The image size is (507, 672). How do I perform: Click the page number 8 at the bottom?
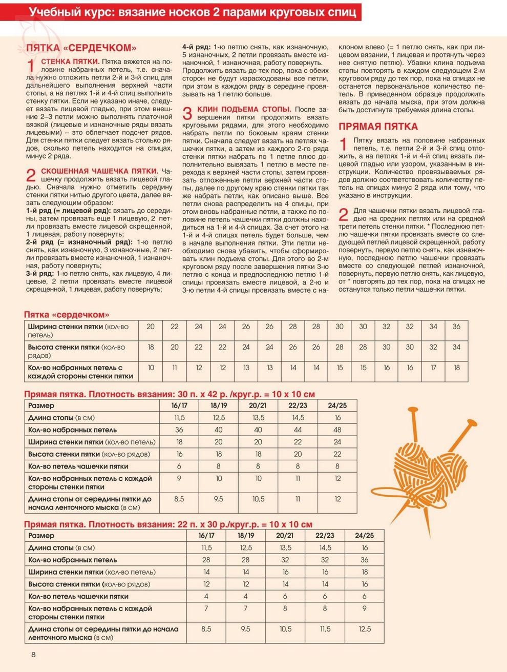pyautogui.click(x=33, y=655)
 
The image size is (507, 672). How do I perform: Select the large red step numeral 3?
pyautogui.click(x=188, y=113)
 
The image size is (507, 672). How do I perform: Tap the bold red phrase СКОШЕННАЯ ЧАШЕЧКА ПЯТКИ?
pyautogui.click(x=99, y=171)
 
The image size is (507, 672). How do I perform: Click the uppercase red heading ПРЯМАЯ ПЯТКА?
pyautogui.click(x=378, y=127)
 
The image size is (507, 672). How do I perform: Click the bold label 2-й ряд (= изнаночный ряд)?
pyautogui.click(x=79, y=242)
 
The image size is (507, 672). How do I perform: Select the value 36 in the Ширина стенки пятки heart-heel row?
pyautogui.click(x=456, y=327)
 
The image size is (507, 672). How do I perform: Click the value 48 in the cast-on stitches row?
pyautogui.click(x=337, y=430)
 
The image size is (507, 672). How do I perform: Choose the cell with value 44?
pyautogui.click(x=298, y=430)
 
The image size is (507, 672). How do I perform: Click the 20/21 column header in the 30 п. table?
pyautogui.click(x=258, y=405)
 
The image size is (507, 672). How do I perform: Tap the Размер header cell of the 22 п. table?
pyautogui.click(x=41, y=535)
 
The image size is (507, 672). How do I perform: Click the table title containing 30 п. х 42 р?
pyautogui.click(x=170, y=394)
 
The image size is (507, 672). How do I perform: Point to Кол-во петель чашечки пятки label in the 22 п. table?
pyautogui.click(x=78, y=596)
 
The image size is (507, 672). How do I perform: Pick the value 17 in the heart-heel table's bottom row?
pyautogui.click(x=433, y=368)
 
